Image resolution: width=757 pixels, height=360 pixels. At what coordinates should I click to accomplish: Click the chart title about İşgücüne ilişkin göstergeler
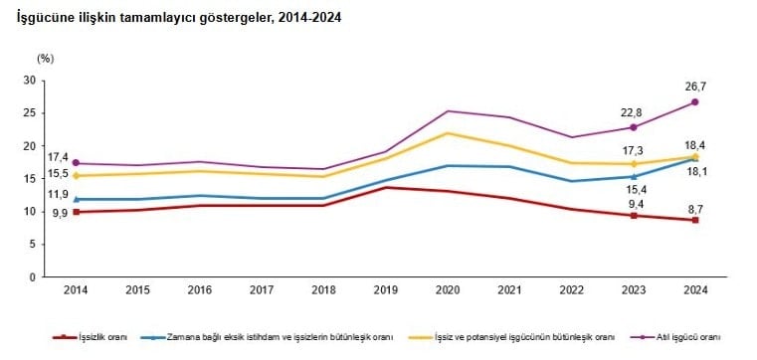click(x=179, y=18)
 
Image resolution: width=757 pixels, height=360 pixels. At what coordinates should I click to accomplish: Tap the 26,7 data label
click(x=694, y=87)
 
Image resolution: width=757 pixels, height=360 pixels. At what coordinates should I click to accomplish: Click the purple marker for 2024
click(x=694, y=102)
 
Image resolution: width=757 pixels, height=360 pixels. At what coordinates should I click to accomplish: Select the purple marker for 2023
click(x=634, y=127)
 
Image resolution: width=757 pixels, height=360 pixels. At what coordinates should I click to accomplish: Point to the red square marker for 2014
click(x=77, y=212)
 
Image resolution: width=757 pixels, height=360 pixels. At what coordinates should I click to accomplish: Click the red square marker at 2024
click(x=694, y=220)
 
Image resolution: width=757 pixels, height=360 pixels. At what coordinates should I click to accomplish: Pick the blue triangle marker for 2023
click(x=634, y=177)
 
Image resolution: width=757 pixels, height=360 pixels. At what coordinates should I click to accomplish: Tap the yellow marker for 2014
click(x=77, y=176)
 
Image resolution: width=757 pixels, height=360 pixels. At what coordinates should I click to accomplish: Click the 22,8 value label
click(x=634, y=112)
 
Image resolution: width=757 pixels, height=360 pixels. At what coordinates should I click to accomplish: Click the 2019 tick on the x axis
click(x=386, y=290)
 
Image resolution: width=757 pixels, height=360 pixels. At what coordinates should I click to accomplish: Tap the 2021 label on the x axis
click(x=509, y=290)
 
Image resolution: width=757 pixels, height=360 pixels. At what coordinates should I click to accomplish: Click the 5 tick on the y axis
click(x=34, y=245)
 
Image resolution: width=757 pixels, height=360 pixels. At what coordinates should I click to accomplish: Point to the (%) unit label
click(x=46, y=59)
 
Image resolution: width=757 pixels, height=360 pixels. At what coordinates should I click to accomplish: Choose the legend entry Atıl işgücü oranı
click(x=674, y=337)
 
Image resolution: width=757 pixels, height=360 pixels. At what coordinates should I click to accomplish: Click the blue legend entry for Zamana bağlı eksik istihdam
click(x=267, y=337)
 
